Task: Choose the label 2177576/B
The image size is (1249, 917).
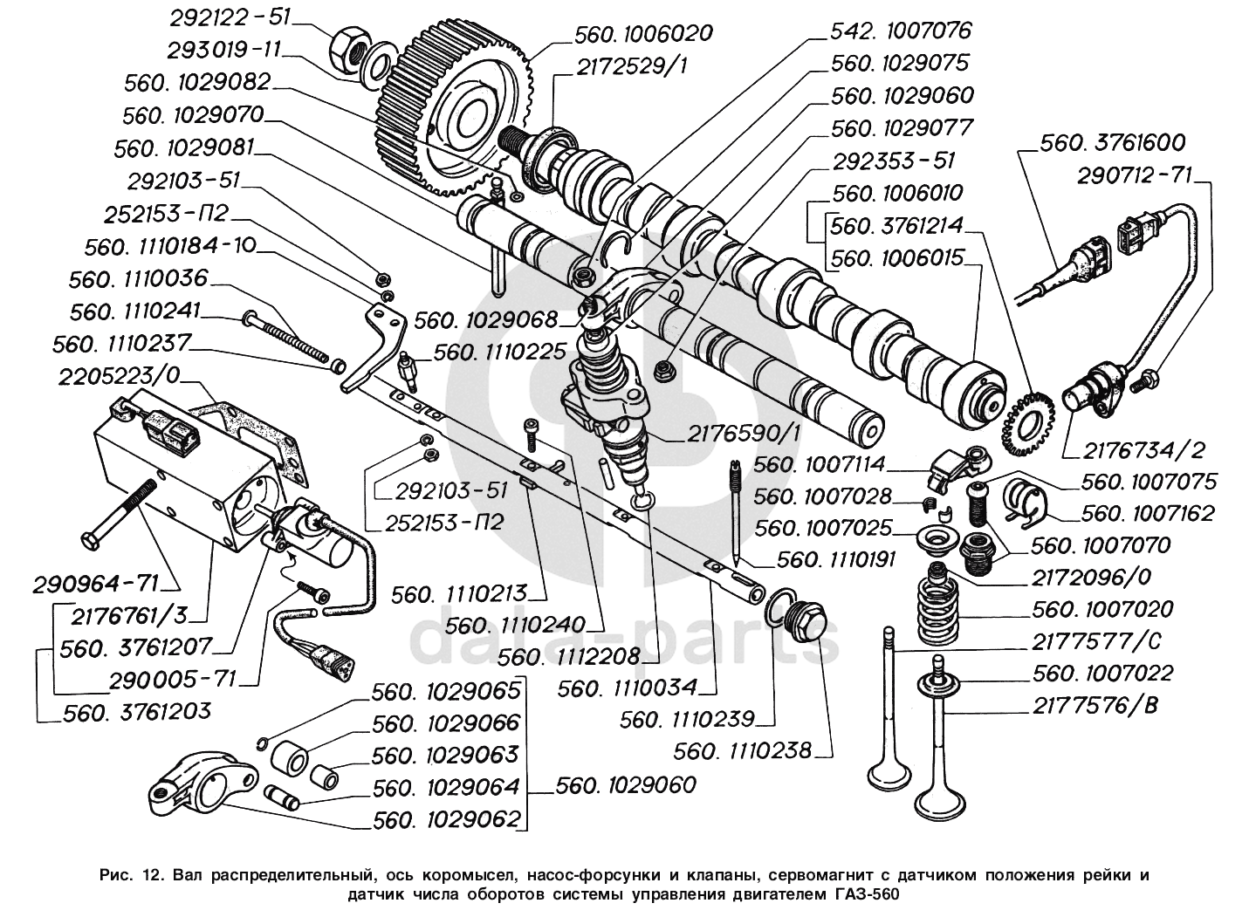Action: [1095, 705]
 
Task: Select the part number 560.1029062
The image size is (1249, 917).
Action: [445, 819]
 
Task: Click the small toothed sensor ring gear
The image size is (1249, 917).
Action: [1022, 425]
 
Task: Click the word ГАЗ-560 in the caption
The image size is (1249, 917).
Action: [863, 894]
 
